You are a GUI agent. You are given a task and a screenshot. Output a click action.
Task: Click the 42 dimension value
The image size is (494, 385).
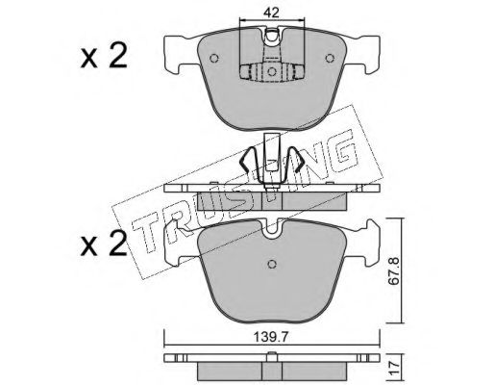[x=271, y=13]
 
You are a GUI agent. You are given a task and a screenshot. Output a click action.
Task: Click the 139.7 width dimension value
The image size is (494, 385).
[x=271, y=337]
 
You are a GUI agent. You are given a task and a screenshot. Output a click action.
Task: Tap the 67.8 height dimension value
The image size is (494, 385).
[x=393, y=270]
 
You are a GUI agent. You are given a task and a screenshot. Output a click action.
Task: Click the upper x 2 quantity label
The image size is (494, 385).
[x=104, y=56]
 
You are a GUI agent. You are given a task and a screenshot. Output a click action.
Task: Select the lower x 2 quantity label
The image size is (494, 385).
[x=104, y=244]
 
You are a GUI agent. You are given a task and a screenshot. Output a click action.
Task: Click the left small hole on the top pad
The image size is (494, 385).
[x=214, y=59]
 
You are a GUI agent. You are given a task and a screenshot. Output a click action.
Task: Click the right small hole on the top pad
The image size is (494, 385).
[x=330, y=59]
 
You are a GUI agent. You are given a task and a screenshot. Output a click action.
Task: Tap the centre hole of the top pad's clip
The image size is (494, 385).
[x=272, y=71]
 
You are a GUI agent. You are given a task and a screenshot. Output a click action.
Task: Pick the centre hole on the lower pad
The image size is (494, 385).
[x=272, y=264]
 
